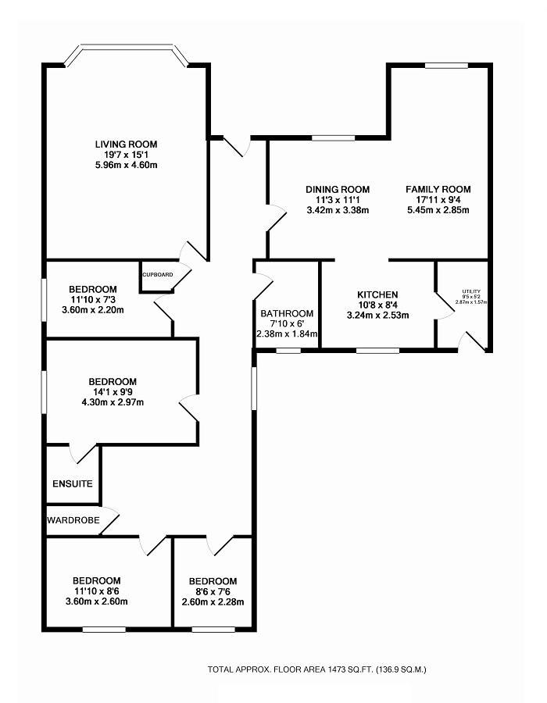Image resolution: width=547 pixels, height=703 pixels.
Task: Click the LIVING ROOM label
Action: pos(126,144)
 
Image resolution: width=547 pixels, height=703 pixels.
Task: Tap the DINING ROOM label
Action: pos(337,189)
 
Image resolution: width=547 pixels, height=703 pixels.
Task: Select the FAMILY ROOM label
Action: pos(438,189)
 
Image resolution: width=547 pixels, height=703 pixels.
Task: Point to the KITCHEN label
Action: pos(377,294)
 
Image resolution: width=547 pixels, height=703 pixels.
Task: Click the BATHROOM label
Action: pos(287,313)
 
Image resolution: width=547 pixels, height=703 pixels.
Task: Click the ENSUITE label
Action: pos(73,484)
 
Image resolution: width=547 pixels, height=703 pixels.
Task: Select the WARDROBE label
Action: pos(72,519)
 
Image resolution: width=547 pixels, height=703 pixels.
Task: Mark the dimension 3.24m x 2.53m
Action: pos(377,316)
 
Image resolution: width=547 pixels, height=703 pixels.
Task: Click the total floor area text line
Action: pos(316,669)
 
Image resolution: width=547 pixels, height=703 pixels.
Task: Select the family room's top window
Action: pos(446,66)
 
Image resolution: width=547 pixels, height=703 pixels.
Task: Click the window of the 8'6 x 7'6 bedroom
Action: pos(213,627)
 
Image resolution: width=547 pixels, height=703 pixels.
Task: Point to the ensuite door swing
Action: pos(80,452)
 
